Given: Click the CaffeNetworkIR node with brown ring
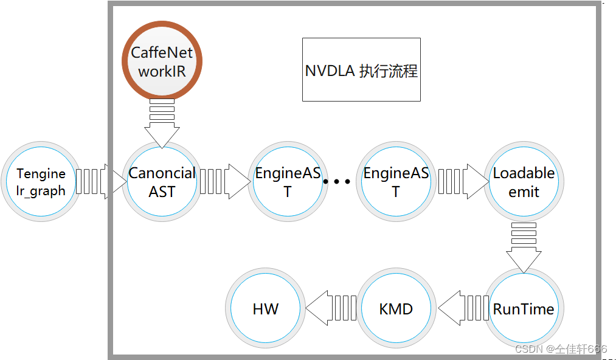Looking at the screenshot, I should coord(162,61).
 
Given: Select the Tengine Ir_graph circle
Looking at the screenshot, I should coord(41,182).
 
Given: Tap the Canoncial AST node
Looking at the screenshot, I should coord(162,182).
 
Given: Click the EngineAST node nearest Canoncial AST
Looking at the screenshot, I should coord(287,182).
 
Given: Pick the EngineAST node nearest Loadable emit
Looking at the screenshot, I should coord(396,182).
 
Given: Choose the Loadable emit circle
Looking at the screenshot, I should coord(524,182).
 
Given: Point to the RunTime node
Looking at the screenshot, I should coord(524,309).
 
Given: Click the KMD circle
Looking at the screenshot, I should coord(396,309).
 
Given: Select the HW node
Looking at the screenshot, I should coord(265,309).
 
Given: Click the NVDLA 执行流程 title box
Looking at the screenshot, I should coord(361,70).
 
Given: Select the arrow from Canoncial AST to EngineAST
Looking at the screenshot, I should coord(224,181).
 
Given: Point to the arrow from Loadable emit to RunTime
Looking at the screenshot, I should coord(524,246).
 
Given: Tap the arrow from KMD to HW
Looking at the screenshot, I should coord(331,308).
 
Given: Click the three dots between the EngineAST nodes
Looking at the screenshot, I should coord(336,181).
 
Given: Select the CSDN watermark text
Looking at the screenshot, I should coord(560,349).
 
